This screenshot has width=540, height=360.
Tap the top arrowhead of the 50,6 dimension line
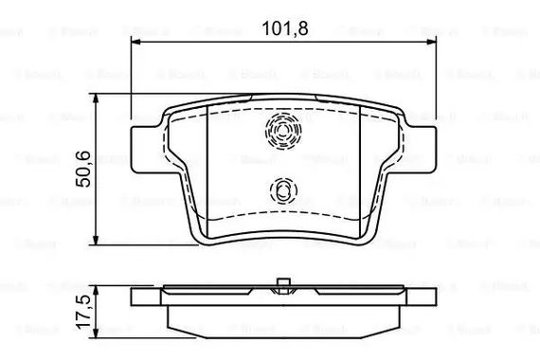(99, 97)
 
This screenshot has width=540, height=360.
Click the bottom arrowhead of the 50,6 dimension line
(99, 241)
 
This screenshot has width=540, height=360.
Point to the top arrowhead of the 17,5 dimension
(99, 286)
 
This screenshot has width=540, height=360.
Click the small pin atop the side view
(282, 279)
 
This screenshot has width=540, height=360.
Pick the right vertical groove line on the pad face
(361, 171)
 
